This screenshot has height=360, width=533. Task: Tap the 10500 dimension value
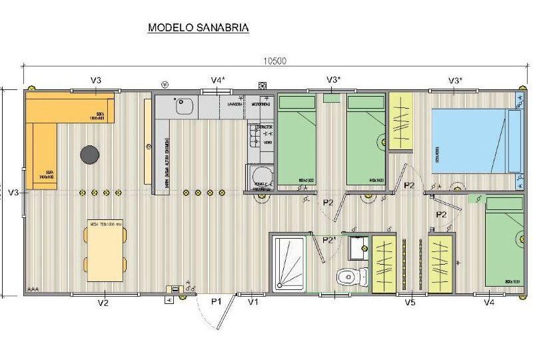tap(274, 61)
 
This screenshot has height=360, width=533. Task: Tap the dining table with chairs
tap(105, 250)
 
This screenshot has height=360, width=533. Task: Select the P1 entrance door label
tap(216, 302)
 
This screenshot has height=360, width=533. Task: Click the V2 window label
tap(103, 303)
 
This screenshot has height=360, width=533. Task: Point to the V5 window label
tap(410, 303)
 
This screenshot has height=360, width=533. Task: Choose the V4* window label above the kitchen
tap(218, 81)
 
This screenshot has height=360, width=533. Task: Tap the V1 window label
tap(253, 302)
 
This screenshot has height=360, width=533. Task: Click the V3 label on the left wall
tap(13, 193)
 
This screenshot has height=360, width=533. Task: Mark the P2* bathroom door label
tap(328, 239)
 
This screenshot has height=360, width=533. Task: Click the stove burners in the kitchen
tap(254, 139)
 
